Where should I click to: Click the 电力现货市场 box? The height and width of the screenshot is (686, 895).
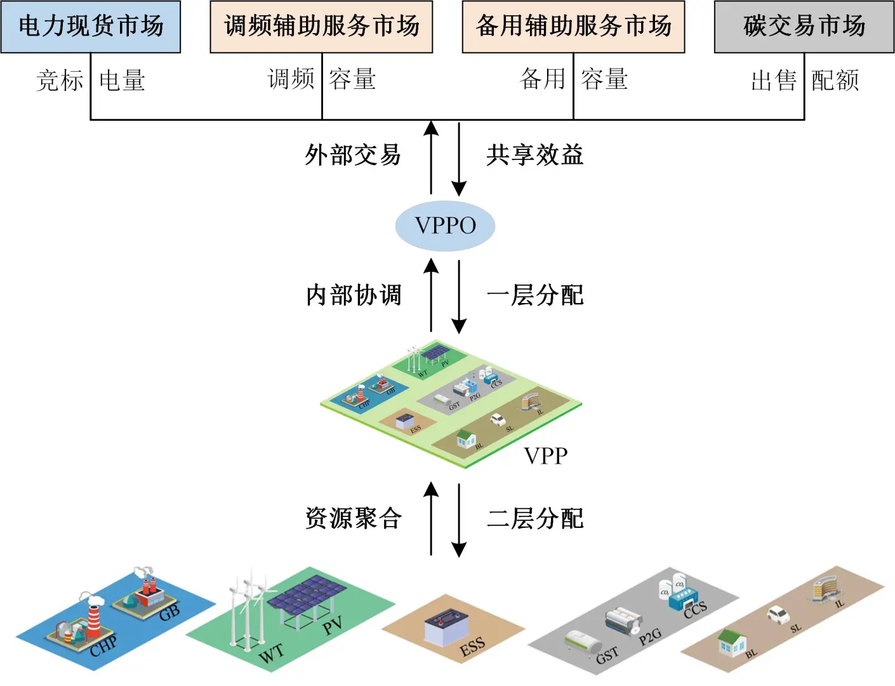click(x=91, y=27)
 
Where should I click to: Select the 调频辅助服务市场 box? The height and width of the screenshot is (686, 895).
click(x=321, y=27)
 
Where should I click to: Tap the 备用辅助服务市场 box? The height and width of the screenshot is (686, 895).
click(x=573, y=27)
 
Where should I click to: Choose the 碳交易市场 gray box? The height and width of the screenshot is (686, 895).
click(x=804, y=27)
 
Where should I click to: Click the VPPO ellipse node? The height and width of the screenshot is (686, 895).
click(x=445, y=225)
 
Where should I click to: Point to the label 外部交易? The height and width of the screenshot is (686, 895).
click(x=353, y=155)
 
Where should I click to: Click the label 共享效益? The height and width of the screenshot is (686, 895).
click(x=535, y=155)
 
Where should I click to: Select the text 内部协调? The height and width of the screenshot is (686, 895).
click(x=354, y=295)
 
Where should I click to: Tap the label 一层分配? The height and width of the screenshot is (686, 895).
click(x=535, y=295)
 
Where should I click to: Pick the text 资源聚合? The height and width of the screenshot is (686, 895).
click(x=354, y=518)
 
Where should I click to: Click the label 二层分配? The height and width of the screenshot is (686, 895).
click(x=535, y=518)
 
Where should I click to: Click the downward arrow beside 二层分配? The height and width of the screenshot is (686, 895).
click(x=459, y=520)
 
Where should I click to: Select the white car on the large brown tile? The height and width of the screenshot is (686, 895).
click(x=778, y=614)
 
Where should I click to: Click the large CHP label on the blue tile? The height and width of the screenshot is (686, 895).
click(x=103, y=645)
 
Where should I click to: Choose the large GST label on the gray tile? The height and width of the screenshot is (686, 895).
click(x=607, y=655)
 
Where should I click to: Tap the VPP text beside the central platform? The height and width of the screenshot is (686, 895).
click(x=546, y=455)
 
